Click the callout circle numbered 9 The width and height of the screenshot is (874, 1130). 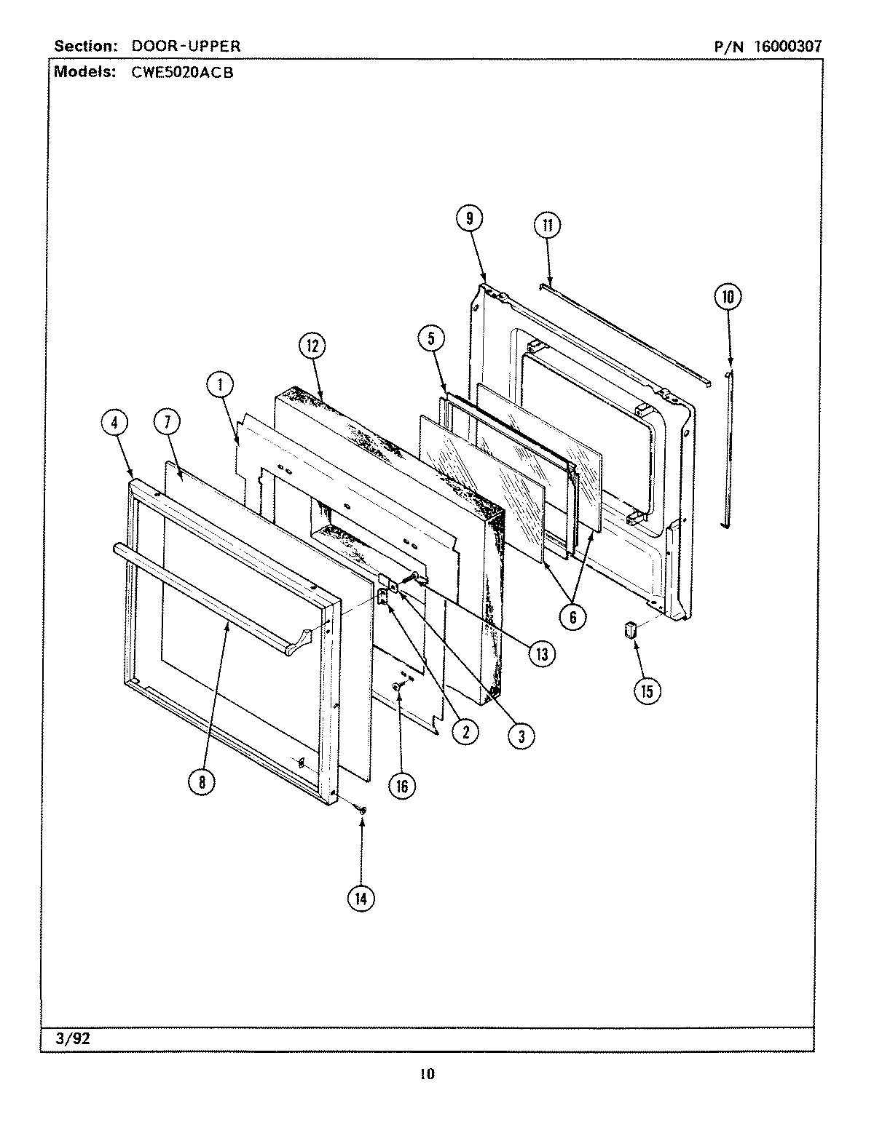point(470,219)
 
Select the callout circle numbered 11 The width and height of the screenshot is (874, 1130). point(547,225)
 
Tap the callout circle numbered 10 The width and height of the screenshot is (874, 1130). point(728,296)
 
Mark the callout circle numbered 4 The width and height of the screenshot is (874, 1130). point(115,423)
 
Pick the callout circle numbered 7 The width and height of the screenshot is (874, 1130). point(168,423)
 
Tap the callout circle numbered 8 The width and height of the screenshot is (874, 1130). point(202,781)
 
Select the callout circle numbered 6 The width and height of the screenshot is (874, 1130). point(572,617)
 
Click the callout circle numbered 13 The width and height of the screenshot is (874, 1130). point(541,653)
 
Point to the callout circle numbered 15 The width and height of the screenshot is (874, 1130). point(647,690)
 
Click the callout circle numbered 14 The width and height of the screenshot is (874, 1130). point(361,898)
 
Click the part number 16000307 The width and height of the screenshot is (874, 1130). point(787,47)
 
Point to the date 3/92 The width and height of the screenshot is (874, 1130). point(73,1038)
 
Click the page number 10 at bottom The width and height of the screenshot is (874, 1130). point(427,1074)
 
